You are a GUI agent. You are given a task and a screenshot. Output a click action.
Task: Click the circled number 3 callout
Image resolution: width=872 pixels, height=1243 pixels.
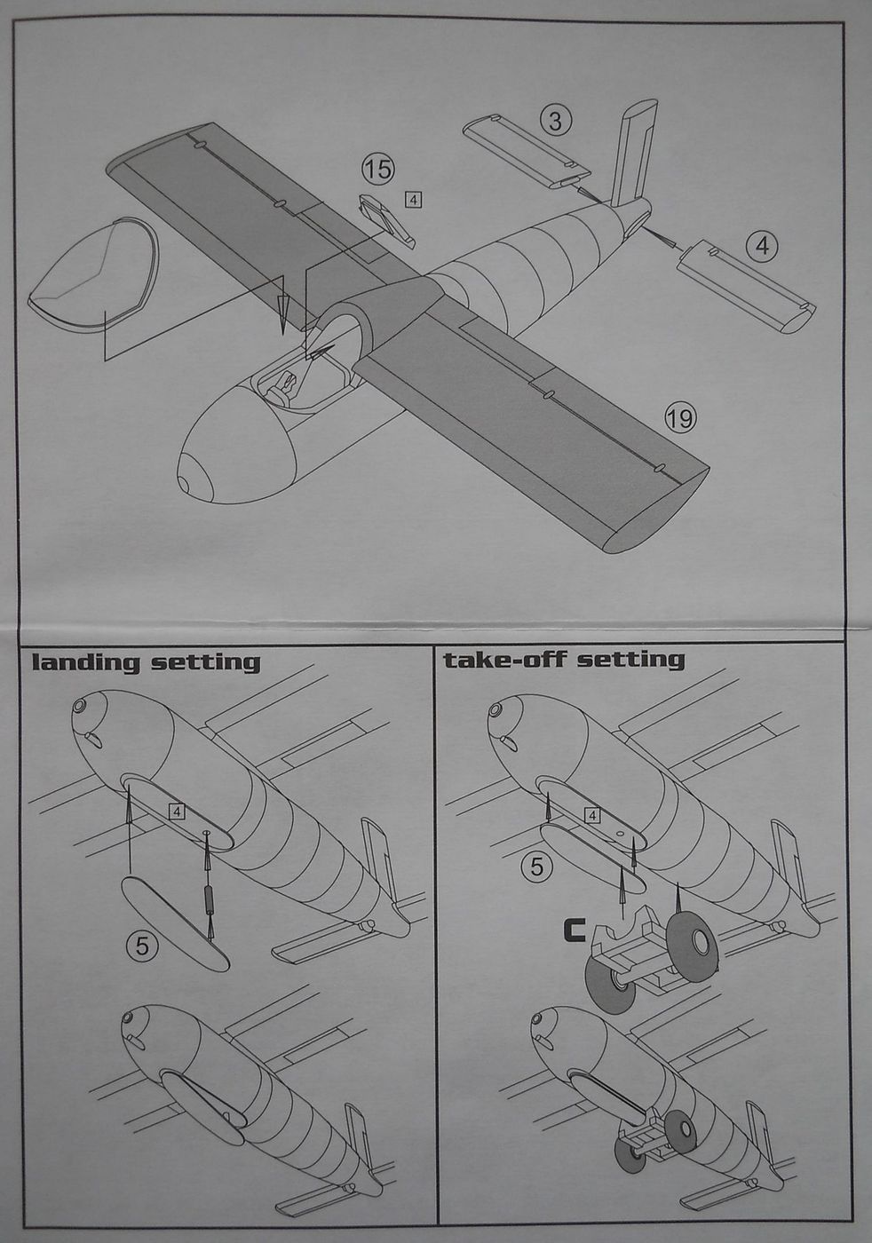(555, 120)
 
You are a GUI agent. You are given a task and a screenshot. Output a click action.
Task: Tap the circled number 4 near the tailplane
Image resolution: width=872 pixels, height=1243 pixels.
(762, 245)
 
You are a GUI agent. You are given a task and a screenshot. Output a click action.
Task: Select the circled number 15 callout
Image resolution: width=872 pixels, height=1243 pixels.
(377, 168)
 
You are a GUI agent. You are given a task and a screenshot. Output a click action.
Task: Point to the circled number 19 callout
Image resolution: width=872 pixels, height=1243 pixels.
(680, 417)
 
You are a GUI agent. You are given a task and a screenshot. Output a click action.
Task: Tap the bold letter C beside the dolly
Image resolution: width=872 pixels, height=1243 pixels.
(573, 930)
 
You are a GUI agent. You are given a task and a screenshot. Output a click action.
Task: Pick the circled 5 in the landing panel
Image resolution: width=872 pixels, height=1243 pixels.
(143, 946)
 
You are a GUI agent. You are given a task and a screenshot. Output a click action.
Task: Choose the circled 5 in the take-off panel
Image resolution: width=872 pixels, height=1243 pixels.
(535, 866)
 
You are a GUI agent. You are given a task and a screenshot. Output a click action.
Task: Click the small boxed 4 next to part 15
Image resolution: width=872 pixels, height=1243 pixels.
(413, 200)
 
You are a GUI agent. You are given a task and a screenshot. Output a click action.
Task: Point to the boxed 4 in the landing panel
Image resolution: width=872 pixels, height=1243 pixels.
(178, 812)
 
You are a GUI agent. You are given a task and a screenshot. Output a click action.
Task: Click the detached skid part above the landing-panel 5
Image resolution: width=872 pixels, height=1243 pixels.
(175, 923)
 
